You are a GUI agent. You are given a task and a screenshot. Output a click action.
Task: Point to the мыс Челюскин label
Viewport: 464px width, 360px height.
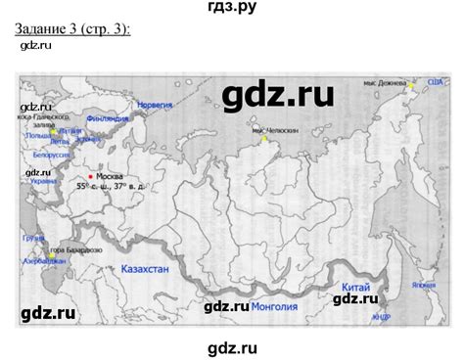tap(270, 130)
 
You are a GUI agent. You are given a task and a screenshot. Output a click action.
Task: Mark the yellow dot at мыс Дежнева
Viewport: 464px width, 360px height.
tap(412, 85)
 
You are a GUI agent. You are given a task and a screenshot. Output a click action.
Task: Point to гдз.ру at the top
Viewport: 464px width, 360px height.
tap(231, 9)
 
